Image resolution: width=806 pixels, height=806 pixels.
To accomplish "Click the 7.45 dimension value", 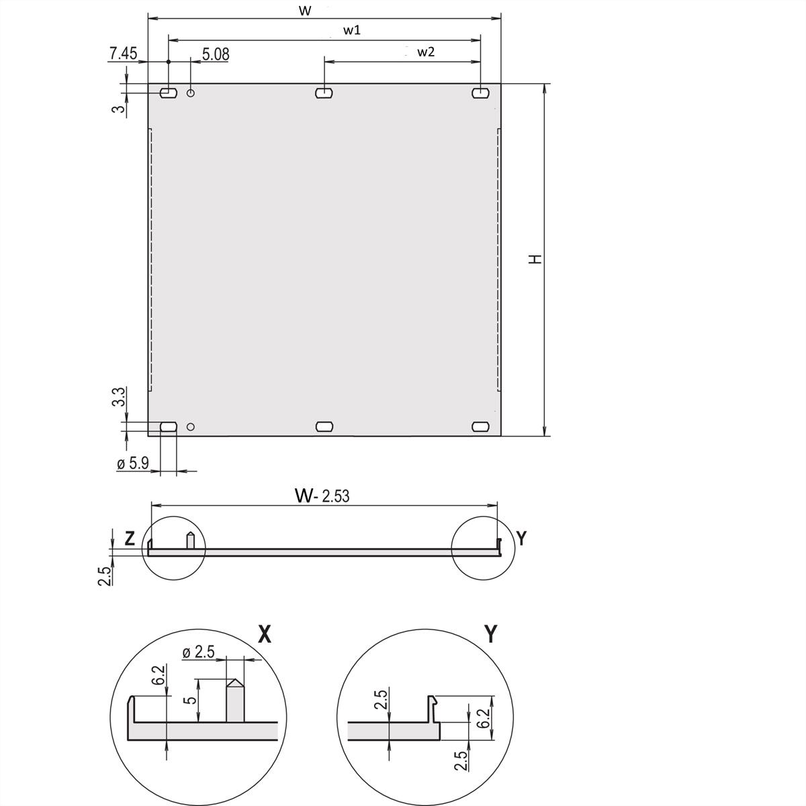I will coord(123,54).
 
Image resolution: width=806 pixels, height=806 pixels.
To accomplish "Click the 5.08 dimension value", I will coord(215,54).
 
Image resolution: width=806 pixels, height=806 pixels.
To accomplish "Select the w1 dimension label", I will coord(352,30).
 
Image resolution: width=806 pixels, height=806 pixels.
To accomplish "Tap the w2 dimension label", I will coord(426,52).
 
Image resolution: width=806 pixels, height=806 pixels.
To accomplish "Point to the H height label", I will coord(535,259).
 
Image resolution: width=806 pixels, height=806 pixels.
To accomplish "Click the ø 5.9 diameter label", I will coord(133,463).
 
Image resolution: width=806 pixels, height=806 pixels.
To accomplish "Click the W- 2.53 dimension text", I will coord(322,496).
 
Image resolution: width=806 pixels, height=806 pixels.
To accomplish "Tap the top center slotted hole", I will coord(324,93).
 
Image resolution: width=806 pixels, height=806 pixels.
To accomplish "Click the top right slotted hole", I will coord(481,93).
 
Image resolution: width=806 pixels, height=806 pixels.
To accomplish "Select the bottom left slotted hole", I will coord(168,427).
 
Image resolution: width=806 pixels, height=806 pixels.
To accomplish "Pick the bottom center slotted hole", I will coord(324,427).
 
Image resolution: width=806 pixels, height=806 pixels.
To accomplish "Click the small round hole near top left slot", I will coord(191,93).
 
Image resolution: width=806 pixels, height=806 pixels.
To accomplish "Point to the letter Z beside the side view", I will coord(130,538).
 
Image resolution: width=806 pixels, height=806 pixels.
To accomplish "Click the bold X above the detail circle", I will coord(264,634).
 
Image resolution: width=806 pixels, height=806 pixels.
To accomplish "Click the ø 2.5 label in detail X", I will coord(198,652).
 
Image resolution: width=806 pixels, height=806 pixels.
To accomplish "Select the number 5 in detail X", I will coord(191,700).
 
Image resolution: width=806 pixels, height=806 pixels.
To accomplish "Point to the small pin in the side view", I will coord(191,541).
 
